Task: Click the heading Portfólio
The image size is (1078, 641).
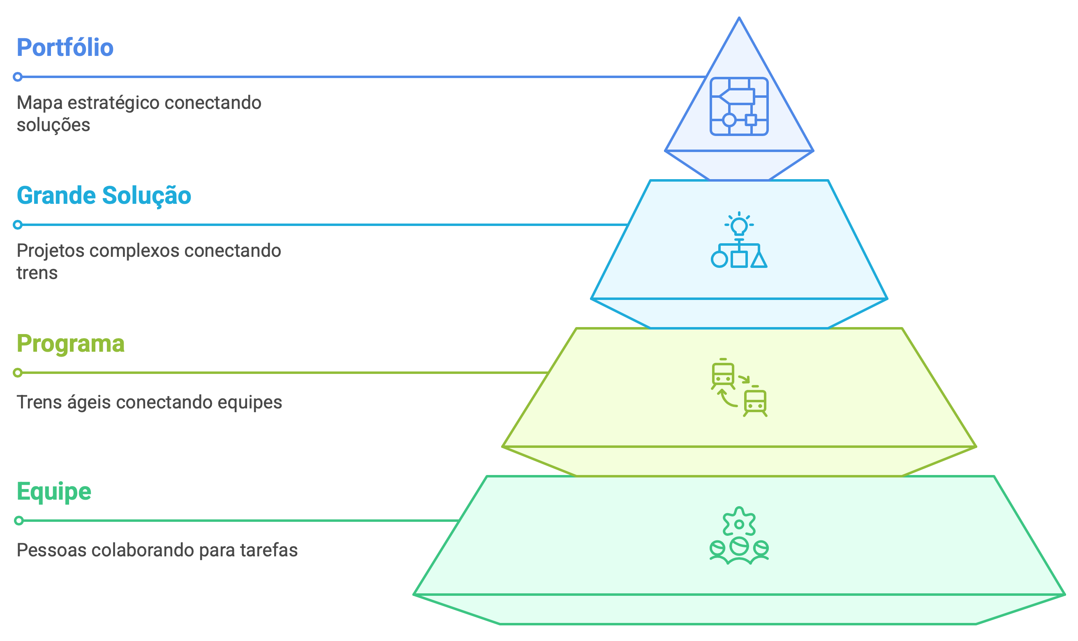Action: pyautogui.click(x=65, y=48)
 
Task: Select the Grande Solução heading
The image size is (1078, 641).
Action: pyautogui.click(x=104, y=195)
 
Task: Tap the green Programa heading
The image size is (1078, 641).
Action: pyautogui.click(x=70, y=344)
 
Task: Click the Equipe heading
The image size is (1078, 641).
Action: pyautogui.click(x=54, y=491)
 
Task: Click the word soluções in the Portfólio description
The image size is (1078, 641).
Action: pyautogui.click(x=53, y=125)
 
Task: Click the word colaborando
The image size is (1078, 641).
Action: pyautogui.click(x=142, y=550)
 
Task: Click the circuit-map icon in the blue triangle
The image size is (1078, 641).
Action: pyautogui.click(x=739, y=106)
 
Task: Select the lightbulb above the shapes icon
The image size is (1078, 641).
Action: pyautogui.click(x=739, y=225)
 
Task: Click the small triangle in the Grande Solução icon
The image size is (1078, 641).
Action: pyautogui.click(x=759, y=260)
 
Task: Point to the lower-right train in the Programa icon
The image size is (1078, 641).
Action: pyautogui.click(x=755, y=401)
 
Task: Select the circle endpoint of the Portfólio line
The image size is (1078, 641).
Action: pyautogui.click(x=18, y=77)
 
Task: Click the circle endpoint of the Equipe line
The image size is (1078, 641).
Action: pyautogui.click(x=19, y=521)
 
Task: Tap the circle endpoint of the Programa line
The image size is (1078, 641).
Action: pyautogui.click(x=18, y=373)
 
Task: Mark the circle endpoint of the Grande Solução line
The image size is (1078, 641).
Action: pyautogui.click(x=18, y=225)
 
